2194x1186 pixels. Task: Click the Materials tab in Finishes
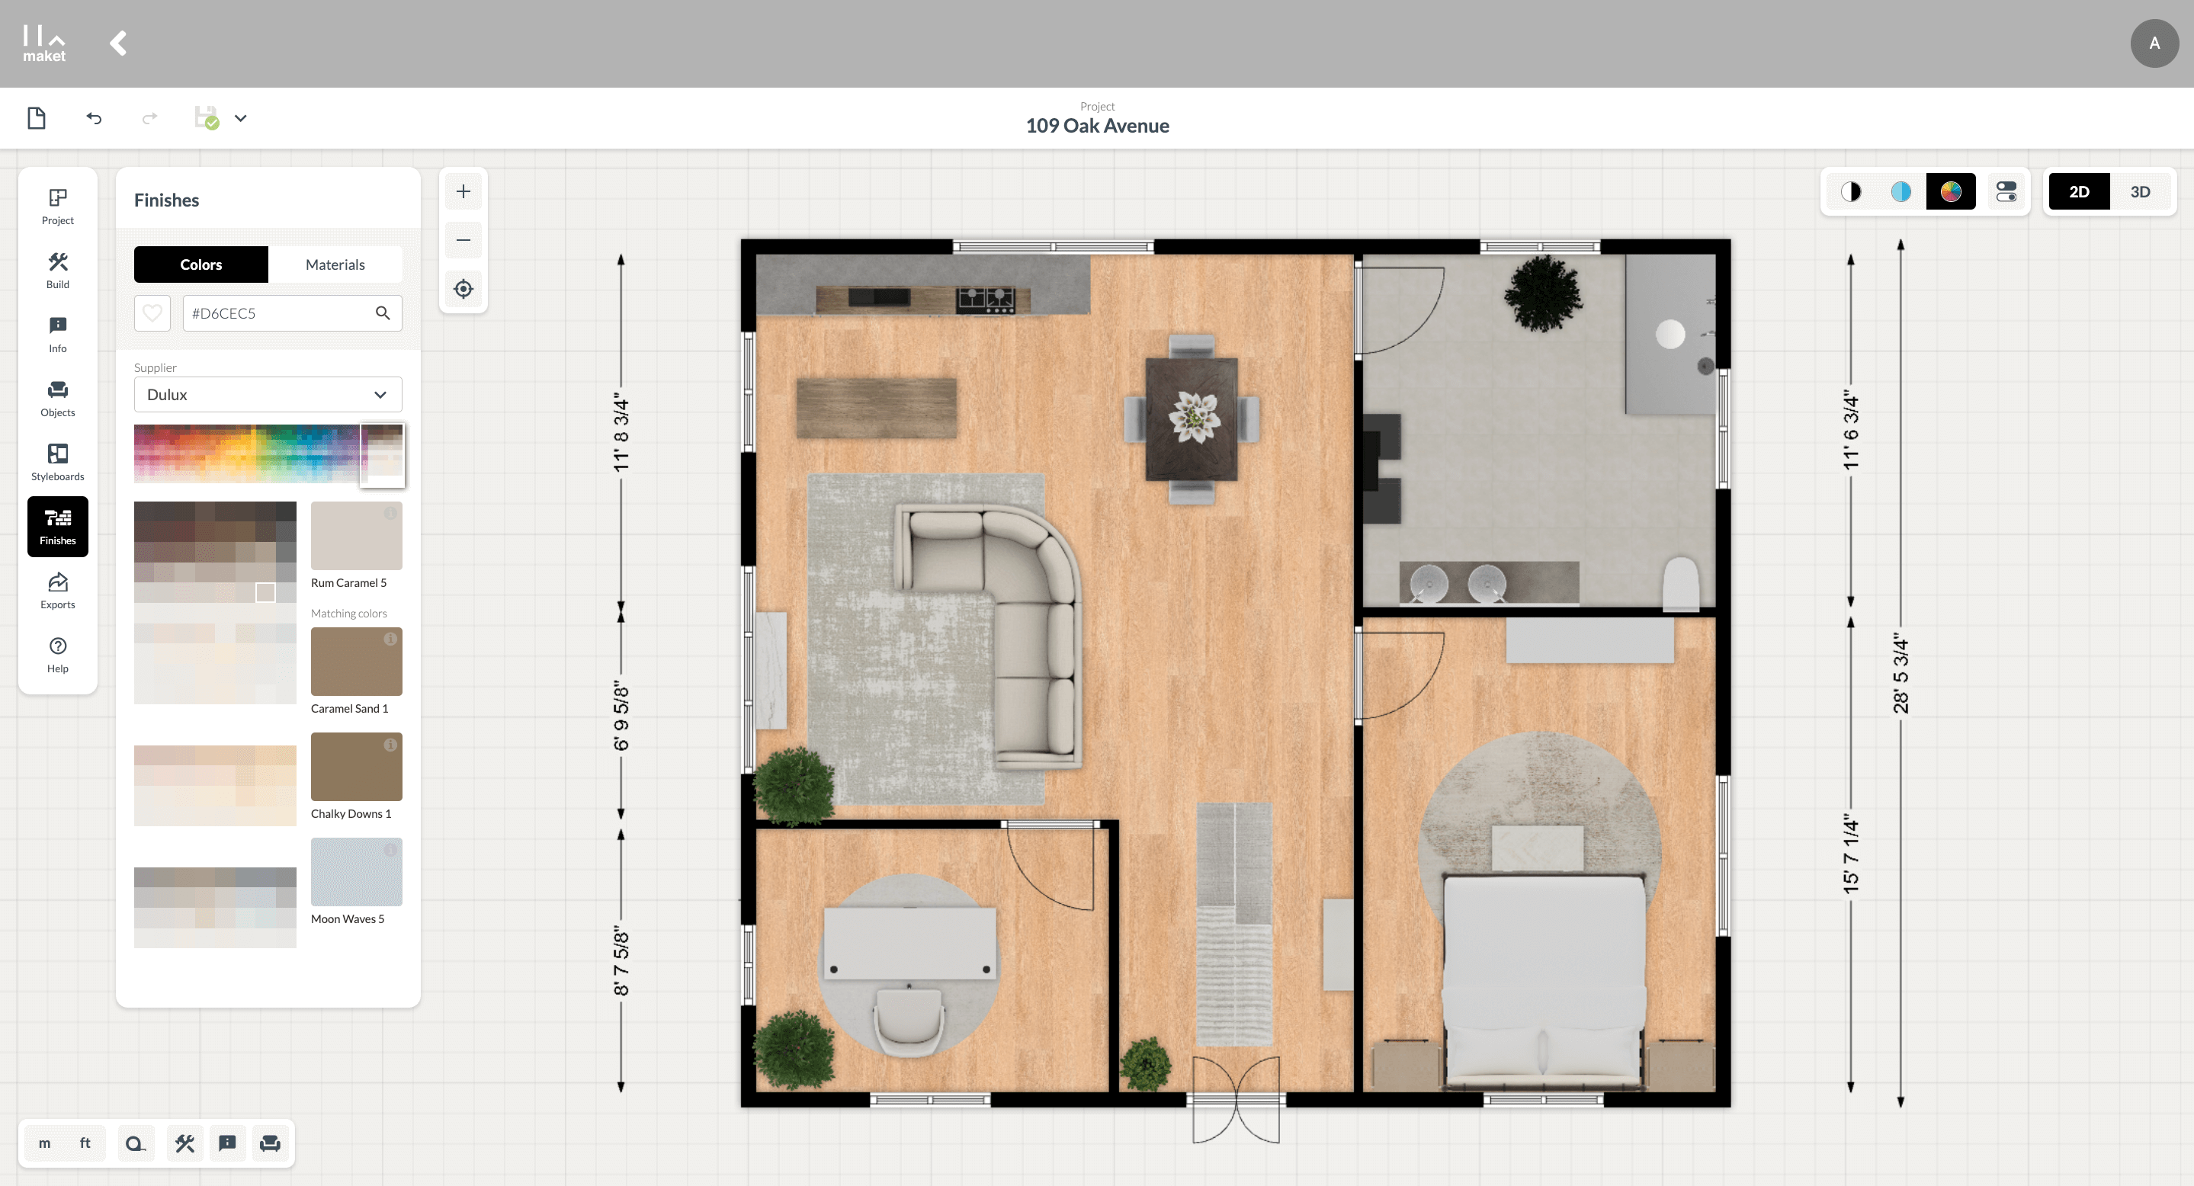click(x=335, y=264)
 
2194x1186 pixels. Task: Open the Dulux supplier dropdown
click(x=268, y=394)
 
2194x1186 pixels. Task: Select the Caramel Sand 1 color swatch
click(x=356, y=662)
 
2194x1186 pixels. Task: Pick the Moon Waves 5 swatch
click(x=356, y=872)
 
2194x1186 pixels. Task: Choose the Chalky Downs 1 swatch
click(x=356, y=766)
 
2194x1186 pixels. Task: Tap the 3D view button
click(x=2139, y=191)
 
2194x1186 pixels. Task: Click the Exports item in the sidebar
click(x=58, y=590)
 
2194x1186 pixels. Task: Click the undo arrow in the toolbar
click(x=94, y=118)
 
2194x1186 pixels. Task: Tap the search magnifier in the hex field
click(x=383, y=313)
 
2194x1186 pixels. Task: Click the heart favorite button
click(x=152, y=313)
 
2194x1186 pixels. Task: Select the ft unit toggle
click(x=85, y=1143)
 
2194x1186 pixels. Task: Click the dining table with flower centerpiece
click(x=1192, y=419)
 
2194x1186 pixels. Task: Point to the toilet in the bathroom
click(x=1681, y=584)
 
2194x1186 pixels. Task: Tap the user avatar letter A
click(x=2154, y=43)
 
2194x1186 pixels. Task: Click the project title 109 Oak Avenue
click(x=1097, y=126)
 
